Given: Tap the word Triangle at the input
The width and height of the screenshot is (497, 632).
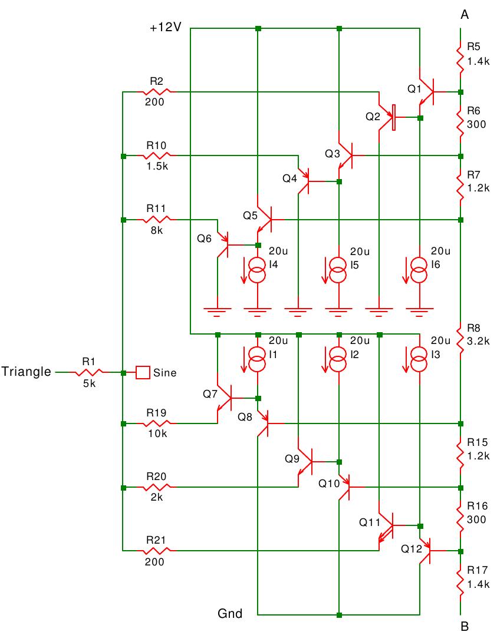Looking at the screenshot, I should [27, 372].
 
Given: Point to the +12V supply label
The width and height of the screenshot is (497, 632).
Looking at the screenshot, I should [166, 28].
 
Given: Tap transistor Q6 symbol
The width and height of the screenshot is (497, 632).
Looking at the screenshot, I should [223, 244].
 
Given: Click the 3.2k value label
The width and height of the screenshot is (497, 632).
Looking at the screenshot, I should [477, 340].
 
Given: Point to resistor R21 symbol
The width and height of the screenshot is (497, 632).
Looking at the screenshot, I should [156, 551].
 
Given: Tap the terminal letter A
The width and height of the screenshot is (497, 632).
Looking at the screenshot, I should [464, 16].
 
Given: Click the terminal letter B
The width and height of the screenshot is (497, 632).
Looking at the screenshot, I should [464, 626].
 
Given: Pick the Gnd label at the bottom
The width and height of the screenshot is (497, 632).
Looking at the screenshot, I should [230, 614].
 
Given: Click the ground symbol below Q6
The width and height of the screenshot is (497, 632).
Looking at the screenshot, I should [217, 308].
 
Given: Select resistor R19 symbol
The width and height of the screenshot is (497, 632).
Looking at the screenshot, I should [156, 423].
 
